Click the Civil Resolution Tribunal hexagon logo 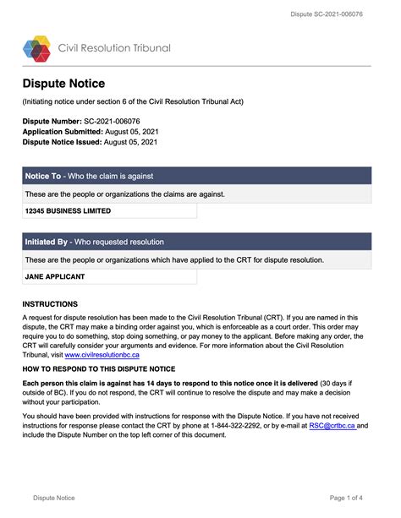tap(36, 48)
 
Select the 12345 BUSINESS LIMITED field tap(68, 210)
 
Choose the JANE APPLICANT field tap(55, 276)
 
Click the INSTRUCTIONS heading tap(50, 303)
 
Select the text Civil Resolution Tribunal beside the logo tap(113, 48)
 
